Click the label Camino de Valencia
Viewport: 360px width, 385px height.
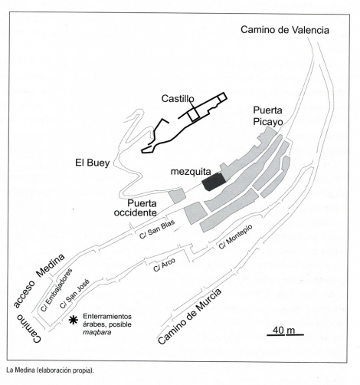point(285,30)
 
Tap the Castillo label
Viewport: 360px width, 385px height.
point(178,99)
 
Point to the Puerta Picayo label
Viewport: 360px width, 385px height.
point(268,116)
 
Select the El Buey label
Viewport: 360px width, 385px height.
point(93,163)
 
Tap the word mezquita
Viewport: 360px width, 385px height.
point(191,172)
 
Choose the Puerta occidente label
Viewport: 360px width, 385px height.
point(136,208)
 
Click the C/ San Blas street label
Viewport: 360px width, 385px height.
point(157,229)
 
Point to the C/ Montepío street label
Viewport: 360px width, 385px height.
point(235,237)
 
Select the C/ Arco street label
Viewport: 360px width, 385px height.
point(164,265)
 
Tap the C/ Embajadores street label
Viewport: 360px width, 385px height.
point(57,290)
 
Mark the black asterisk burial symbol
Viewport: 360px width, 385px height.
point(74,320)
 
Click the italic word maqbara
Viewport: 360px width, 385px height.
point(97,333)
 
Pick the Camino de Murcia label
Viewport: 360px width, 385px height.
point(189,317)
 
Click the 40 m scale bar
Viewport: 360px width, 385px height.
point(285,334)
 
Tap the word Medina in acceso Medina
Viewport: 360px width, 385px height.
point(51,266)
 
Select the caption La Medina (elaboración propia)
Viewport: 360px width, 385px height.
point(50,370)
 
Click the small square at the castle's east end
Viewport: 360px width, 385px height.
point(222,97)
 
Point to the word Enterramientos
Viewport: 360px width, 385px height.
point(107,317)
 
